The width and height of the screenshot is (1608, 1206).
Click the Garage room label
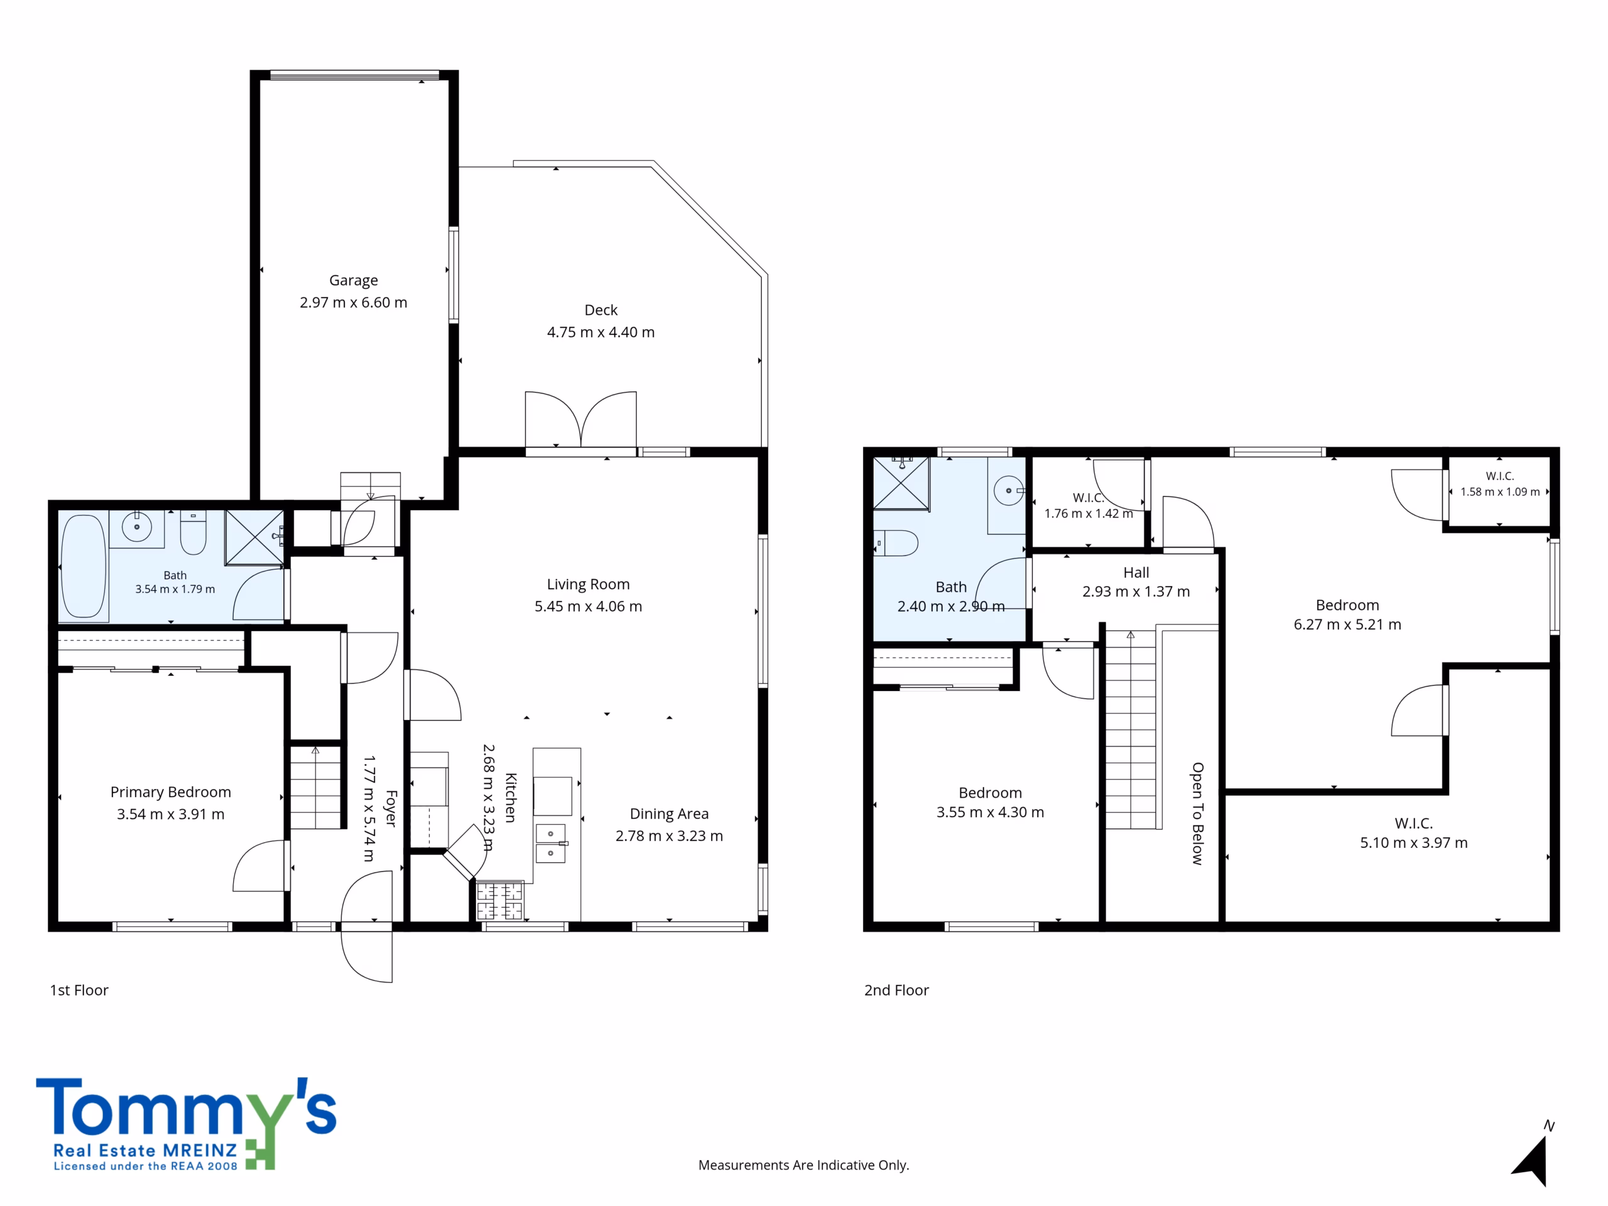(353, 281)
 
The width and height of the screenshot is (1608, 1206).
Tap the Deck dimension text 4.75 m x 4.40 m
(600, 332)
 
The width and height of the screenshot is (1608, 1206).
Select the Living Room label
(588, 584)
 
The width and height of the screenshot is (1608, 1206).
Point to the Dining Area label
(669, 814)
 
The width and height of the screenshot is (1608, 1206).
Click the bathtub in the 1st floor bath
(84, 567)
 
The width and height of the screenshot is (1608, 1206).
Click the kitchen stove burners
(499, 901)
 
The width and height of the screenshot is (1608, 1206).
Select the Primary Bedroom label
(171, 792)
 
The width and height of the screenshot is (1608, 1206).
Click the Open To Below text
(1197, 813)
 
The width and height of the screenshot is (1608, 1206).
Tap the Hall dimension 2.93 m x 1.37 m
(1136, 592)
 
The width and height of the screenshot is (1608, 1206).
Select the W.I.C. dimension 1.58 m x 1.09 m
(1500, 492)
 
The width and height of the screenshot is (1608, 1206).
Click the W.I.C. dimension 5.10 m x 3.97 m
(1414, 843)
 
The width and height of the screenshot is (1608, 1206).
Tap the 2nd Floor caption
(896, 990)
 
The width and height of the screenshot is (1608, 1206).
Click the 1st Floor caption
(79, 990)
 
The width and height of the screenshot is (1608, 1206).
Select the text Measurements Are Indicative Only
(803, 1165)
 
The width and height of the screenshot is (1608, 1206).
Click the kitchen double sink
(550, 843)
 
